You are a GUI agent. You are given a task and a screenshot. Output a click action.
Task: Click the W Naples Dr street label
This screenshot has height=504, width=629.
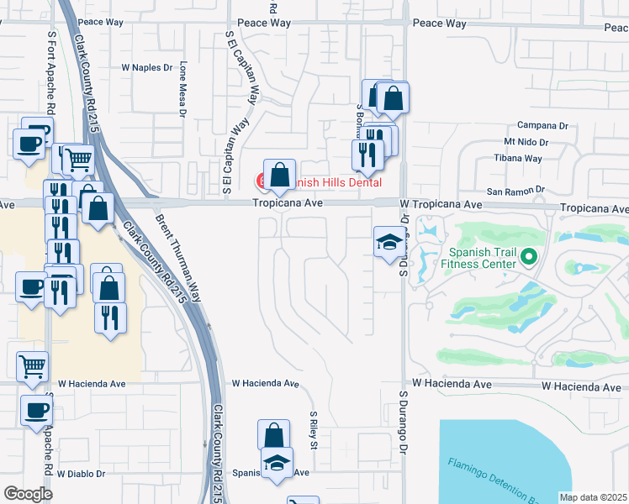146,66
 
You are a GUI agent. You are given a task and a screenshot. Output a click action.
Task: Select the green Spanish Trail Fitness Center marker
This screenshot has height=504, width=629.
529,256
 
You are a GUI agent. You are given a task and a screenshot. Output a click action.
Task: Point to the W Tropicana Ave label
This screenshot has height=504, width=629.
440,204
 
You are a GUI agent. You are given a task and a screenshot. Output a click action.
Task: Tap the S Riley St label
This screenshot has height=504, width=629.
313,429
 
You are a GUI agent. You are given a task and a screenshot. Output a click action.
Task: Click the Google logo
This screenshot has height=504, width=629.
28,494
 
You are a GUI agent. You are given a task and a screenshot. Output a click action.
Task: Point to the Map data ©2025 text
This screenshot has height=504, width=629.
593,497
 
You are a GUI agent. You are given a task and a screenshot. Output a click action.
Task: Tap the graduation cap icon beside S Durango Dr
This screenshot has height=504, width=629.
388,243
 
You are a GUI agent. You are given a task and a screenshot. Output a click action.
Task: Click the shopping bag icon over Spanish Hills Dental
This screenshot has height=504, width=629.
279,175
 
